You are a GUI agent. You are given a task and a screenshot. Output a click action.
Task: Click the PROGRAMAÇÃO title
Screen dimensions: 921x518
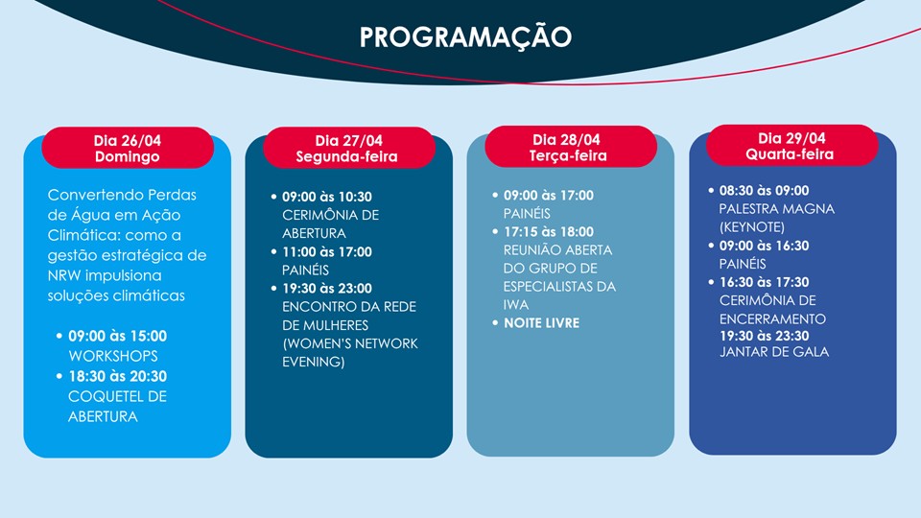[x=465, y=36]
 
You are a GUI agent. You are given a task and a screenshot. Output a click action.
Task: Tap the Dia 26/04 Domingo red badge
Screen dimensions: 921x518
[x=128, y=148]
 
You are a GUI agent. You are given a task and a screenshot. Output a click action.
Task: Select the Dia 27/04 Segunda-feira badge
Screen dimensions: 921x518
[x=349, y=148]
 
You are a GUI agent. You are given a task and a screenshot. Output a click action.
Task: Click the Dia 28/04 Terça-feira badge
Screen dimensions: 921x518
[x=570, y=147]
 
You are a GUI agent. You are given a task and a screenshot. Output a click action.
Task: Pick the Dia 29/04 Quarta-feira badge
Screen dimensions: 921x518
[x=791, y=145]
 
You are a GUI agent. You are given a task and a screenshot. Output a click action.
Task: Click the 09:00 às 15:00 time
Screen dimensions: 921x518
[x=117, y=336]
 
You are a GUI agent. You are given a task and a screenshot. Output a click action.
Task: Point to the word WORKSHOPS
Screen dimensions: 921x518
[x=113, y=356]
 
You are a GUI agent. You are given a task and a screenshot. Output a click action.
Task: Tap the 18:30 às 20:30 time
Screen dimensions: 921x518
[x=117, y=376]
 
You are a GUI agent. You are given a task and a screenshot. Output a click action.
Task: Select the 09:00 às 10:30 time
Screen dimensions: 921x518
[x=326, y=197]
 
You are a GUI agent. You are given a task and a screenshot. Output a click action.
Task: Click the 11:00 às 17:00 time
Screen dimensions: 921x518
[x=326, y=252]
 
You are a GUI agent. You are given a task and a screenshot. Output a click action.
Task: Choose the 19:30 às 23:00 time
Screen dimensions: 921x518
[x=326, y=289]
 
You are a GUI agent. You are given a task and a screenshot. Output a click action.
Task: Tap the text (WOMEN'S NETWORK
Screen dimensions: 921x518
[x=350, y=343]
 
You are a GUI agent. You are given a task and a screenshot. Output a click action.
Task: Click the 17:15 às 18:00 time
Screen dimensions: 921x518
[x=549, y=232]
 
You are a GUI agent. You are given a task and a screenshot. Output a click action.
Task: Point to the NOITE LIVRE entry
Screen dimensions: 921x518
[x=541, y=323]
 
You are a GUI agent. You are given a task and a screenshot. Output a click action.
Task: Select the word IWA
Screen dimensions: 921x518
[x=516, y=305]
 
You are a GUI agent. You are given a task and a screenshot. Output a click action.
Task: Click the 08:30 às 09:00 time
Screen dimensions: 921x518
[x=765, y=191]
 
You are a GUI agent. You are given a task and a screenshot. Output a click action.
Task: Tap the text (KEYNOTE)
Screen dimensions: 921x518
[x=752, y=227]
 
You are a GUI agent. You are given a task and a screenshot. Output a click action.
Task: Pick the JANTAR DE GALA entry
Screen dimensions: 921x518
[x=774, y=352]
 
